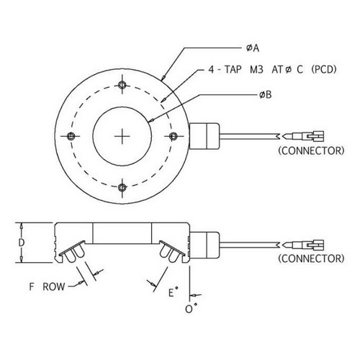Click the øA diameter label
pyautogui.click(x=253, y=48)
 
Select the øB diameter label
pyautogui.click(x=266, y=95)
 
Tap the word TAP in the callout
pyautogui.click(x=233, y=70)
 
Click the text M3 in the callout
pyautogui.click(x=256, y=70)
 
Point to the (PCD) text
pyautogui.click(x=324, y=70)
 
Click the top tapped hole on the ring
pyautogui.click(x=122, y=84)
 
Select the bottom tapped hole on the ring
pyautogui.click(x=122, y=187)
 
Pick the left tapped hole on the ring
pyautogui.click(x=71, y=136)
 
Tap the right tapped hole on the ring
pyautogui.click(x=174, y=136)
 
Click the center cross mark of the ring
pyautogui.click(x=122, y=136)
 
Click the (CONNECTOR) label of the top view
pyautogui.click(x=311, y=150)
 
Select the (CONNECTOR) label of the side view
pyautogui.click(x=311, y=258)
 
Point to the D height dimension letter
pyautogui.click(x=22, y=243)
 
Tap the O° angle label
pyautogui.click(x=191, y=309)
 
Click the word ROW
pyautogui.click(x=54, y=287)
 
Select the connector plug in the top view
pyautogui.click(x=303, y=136)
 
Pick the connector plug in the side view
pyautogui.click(x=303, y=245)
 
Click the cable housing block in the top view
pyautogui.click(x=204, y=136)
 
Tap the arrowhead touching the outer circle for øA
pyautogui.click(x=163, y=77)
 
